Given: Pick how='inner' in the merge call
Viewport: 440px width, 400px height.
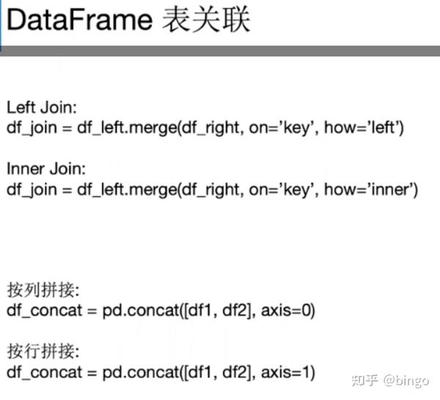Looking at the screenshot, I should click(x=372, y=190).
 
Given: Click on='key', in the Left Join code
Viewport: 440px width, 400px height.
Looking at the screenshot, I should click(x=288, y=127).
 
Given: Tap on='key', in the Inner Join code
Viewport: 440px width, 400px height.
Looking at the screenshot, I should click(x=288, y=190).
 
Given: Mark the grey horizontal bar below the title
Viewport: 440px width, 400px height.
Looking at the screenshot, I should click(x=220, y=51).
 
